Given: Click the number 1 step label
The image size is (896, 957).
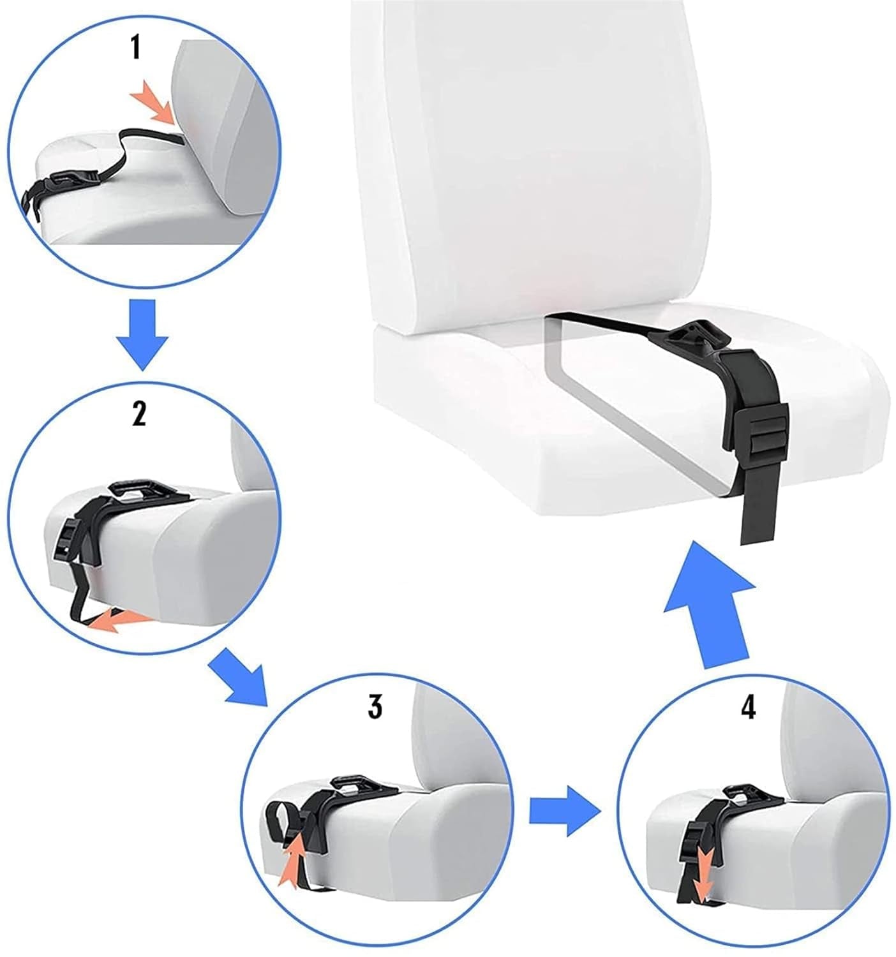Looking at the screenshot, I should click(135, 48).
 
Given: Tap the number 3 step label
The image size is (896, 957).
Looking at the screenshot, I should click(375, 706).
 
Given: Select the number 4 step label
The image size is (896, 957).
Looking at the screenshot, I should click(748, 706).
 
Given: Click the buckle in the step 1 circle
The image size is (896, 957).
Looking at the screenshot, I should click(70, 181).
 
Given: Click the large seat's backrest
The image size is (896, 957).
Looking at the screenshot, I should click(530, 159).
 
